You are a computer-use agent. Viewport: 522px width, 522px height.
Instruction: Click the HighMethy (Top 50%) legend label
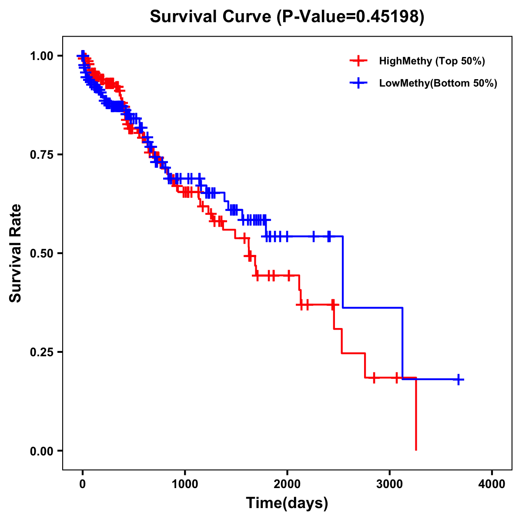click(432, 61)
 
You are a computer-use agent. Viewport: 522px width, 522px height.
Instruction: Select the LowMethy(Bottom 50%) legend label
click(438, 83)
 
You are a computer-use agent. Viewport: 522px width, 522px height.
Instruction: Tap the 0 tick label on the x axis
click(83, 484)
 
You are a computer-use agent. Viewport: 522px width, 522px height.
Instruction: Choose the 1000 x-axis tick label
click(185, 484)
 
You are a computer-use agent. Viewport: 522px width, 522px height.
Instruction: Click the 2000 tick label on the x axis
click(287, 484)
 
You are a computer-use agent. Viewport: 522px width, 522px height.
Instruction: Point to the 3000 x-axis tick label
click(390, 484)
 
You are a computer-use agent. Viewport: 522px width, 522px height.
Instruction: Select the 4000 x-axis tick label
click(492, 484)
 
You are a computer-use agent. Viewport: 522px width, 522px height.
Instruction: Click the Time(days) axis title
click(287, 503)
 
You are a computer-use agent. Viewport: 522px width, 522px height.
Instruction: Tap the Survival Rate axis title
click(16, 253)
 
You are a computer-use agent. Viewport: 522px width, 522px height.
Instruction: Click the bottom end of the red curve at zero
click(416, 449)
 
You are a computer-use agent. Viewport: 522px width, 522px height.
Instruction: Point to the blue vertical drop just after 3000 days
click(402, 344)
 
